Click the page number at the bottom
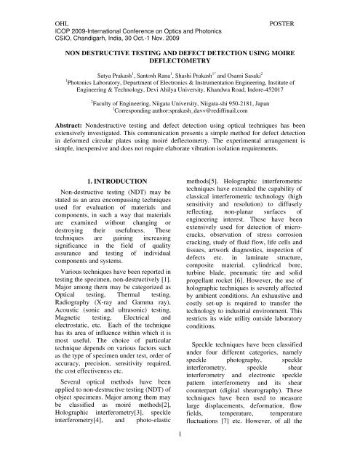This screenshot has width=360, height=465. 180,455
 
